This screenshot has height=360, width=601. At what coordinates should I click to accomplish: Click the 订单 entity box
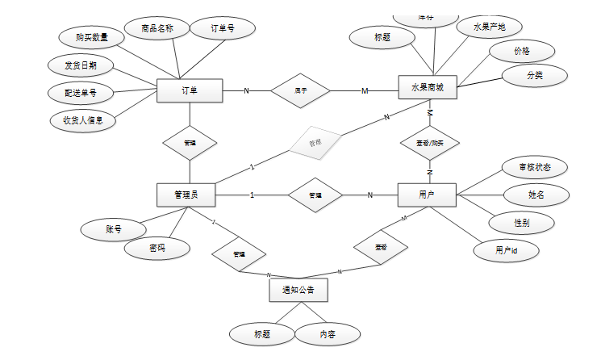click(x=190, y=90)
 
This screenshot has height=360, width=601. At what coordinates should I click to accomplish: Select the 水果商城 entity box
click(x=428, y=87)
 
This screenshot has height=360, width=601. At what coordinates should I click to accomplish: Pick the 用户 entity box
click(x=428, y=195)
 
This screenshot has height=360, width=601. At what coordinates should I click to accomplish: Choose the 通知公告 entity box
click(x=298, y=289)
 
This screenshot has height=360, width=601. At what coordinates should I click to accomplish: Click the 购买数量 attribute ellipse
click(x=93, y=37)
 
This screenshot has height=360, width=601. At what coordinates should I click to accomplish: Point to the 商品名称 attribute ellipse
click(x=157, y=30)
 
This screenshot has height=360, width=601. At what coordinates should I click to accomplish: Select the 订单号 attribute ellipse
click(x=223, y=29)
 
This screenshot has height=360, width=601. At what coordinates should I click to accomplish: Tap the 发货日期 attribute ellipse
click(x=81, y=65)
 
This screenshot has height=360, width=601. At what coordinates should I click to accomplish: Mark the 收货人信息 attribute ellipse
click(x=83, y=120)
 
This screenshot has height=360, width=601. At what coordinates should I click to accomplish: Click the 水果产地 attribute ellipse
click(x=489, y=27)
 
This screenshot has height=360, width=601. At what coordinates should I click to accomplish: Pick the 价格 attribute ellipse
click(x=522, y=50)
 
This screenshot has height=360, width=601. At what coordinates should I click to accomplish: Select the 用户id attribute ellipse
click(x=506, y=251)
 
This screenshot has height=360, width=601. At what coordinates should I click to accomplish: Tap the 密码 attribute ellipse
click(x=157, y=249)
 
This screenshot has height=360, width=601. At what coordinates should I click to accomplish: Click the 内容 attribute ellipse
click(x=328, y=333)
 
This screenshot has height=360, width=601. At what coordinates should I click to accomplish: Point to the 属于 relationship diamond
click(x=300, y=90)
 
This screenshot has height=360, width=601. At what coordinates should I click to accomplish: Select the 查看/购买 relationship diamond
click(x=430, y=143)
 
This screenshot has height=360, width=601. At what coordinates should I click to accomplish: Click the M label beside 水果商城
click(x=365, y=90)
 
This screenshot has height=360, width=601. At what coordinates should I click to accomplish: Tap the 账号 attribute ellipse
click(x=114, y=229)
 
